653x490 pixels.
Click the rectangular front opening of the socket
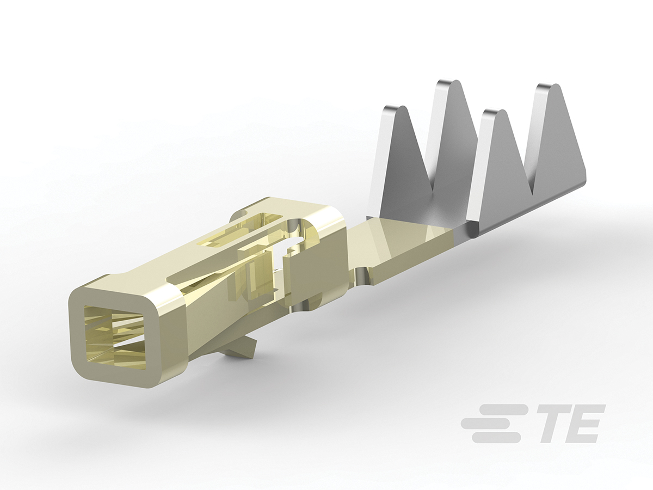tap(114, 335)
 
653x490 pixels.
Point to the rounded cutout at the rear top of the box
tap(299, 228)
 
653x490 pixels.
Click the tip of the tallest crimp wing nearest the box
tap(451, 84)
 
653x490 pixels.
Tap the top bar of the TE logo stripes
tap(503, 409)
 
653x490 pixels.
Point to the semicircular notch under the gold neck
tap(364, 275)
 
